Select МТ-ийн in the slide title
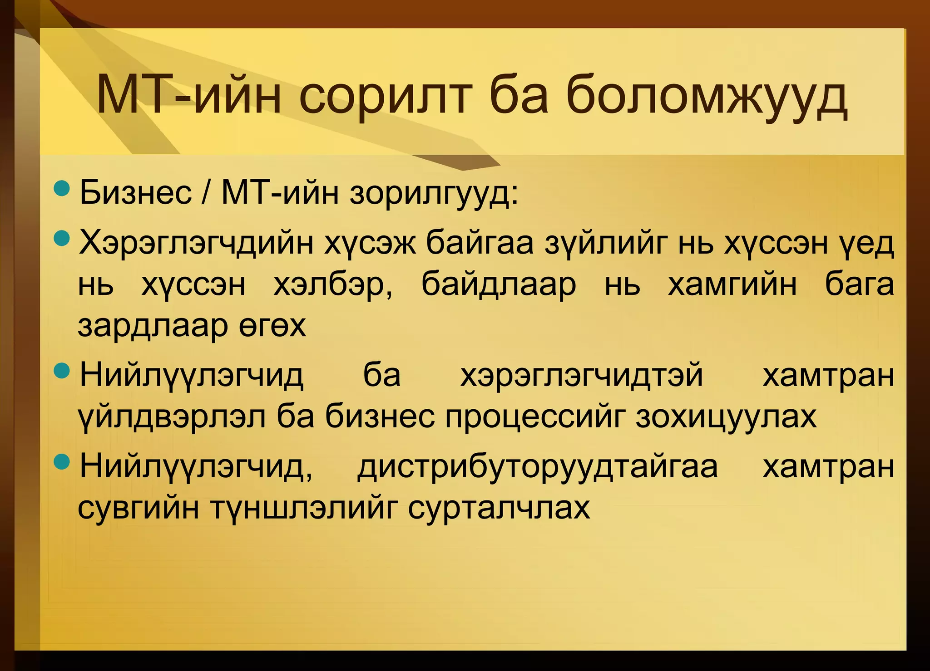(x=189, y=97)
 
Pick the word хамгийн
(x=732, y=285)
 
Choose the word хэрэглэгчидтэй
(x=581, y=376)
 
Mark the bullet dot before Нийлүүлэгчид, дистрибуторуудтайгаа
(x=62, y=462)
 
